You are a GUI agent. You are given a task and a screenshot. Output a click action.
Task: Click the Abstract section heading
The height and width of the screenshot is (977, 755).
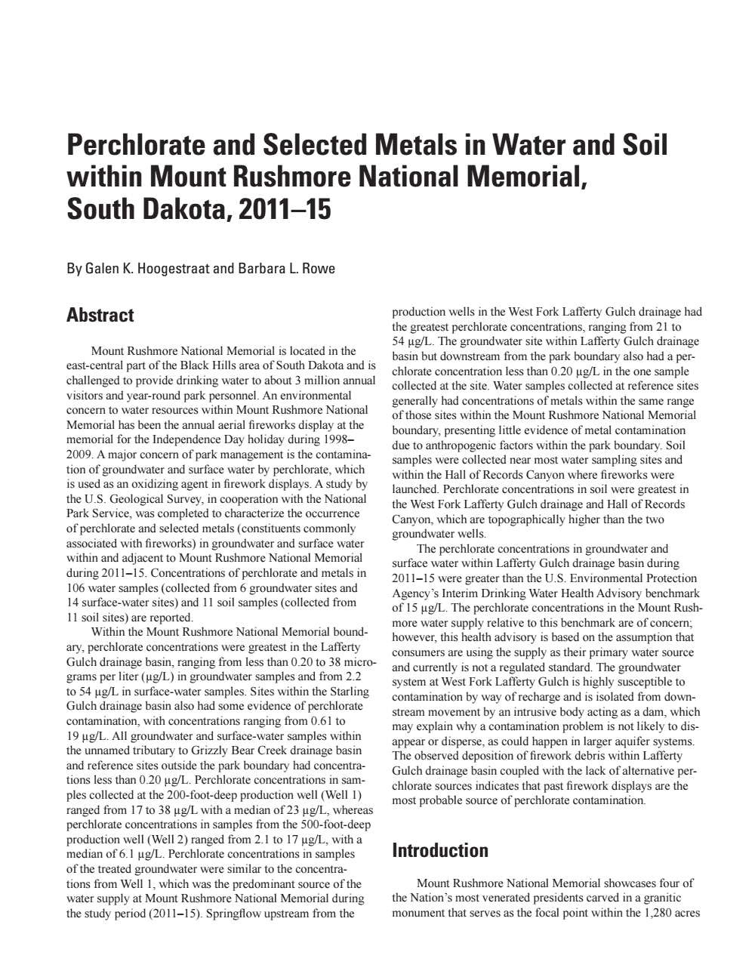pos(100,315)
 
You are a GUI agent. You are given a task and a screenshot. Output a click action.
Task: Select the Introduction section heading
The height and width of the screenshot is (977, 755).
pos(440,851)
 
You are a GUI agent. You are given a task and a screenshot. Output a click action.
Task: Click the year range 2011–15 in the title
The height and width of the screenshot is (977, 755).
pos(285,208)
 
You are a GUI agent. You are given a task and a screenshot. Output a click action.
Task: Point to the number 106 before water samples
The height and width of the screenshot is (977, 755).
pos(76,587)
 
